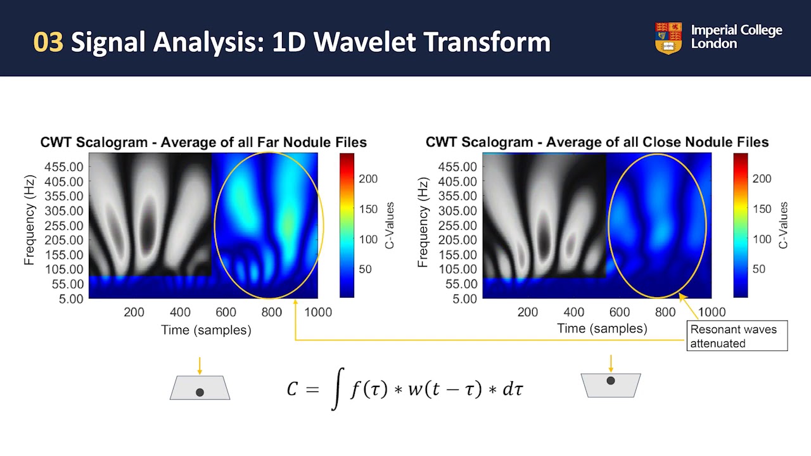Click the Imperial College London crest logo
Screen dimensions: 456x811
pyautogui.click(x=668, y=38)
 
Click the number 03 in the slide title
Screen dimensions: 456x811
pyautogui.click(x=48, y=42)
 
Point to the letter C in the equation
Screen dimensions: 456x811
pyautogui.click(x=292, y=389)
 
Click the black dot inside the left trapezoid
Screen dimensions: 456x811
pyautogui.click(x=200, y=393)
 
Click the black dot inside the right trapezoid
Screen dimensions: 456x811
pyautogui.click(x=611, y=381)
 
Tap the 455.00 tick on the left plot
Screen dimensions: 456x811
pyautogui.click(x=63, y=167)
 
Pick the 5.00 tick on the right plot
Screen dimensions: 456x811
pyautogui.click(x=466, y=298)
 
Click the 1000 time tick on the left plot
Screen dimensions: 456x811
pyautogui.click(x=318, y=312)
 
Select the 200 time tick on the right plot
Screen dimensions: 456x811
pyautogui.click(x=528, y=312)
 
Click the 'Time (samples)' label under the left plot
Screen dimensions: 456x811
pyautogui.click(x=206, y=330)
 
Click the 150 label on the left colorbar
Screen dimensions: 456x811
pyautogui.click(x=369, y=209)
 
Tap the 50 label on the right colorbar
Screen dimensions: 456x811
pyautogui.click(x=758, y=269)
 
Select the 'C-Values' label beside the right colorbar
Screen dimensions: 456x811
pyautogui.click(x=784, y=225)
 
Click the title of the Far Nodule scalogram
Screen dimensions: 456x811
pyautogui.click(x=203, y=142)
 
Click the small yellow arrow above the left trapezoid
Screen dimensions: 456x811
pyautogui.click(x=200, y=366)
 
